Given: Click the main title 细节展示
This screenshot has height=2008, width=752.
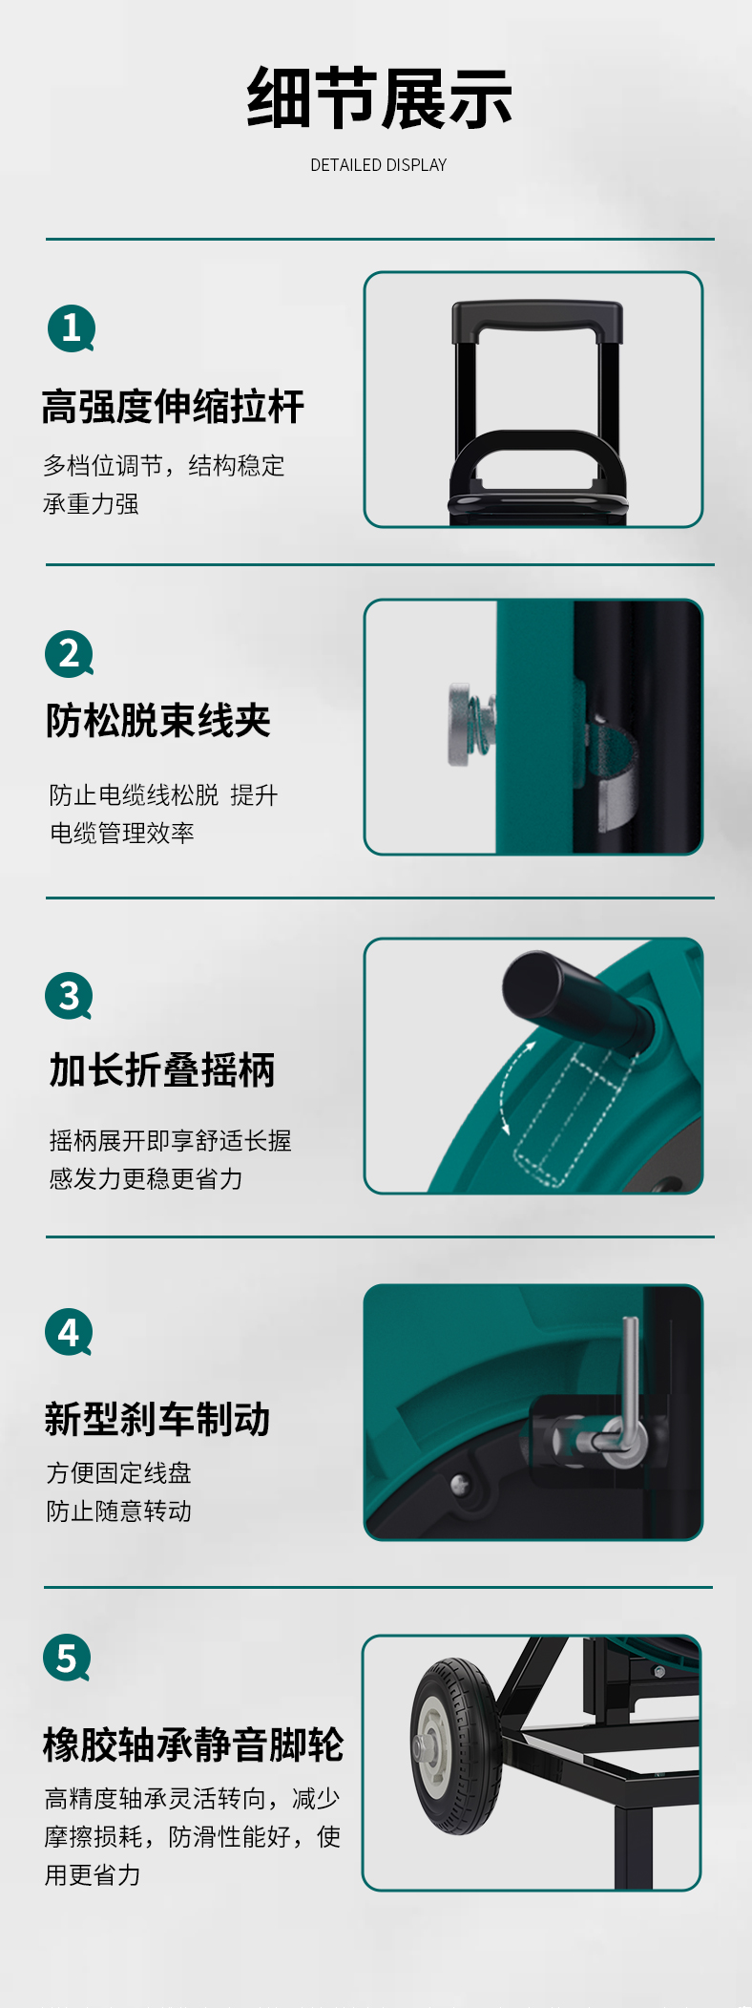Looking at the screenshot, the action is [x=379, y=98].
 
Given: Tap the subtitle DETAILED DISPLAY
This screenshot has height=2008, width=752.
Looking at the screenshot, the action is [x=379, y=165].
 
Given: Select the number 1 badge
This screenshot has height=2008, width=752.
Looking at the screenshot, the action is [x=72, y=328].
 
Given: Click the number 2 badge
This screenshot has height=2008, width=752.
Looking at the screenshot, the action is [x=70, y=654].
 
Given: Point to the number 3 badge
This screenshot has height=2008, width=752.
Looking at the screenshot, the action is [x=70, y=996].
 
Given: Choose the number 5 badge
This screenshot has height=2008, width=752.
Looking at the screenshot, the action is [x=68, y=1659].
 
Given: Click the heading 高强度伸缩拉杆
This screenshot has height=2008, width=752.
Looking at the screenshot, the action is [x=173, y=407].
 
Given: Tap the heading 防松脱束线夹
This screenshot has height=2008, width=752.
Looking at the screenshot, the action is [x=158, y=721].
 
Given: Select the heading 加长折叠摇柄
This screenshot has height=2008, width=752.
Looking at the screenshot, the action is [x=162, y=1070].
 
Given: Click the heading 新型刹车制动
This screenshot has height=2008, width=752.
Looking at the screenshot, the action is [x=157, y=1419].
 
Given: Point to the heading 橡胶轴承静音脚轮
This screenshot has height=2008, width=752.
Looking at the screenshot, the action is [x=194, y=1744].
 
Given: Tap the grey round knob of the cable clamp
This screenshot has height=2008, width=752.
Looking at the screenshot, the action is [x=461, y=724].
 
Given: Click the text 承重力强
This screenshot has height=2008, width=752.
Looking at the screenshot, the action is [x=91, y=503].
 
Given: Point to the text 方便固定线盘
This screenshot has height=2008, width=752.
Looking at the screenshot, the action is [x=119, y=1472].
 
